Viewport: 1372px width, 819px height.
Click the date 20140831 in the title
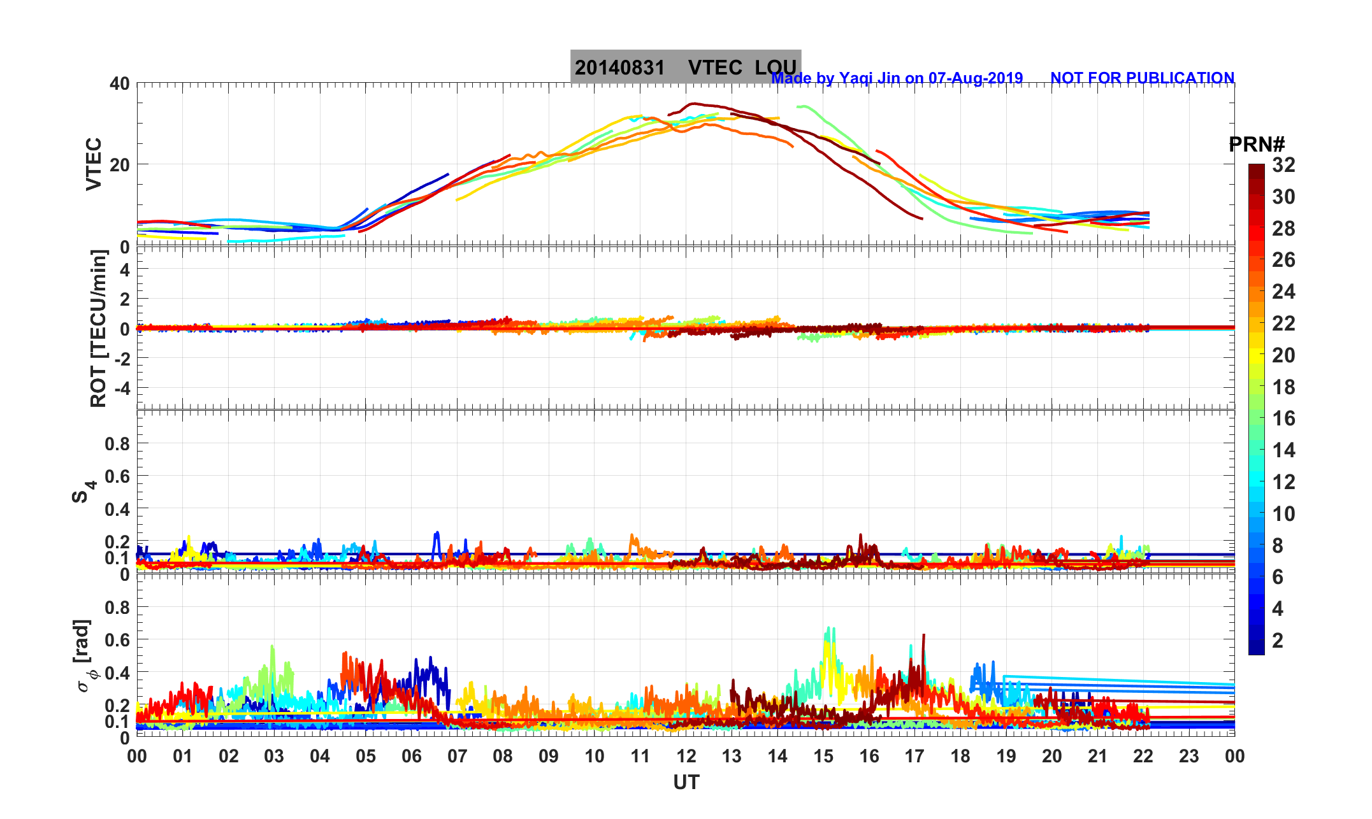pyautogui.click(x=619, y=68)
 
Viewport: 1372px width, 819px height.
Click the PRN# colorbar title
pyautogui.click(x=1257, y=145)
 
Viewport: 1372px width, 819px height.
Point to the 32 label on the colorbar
pyautogui.click(x=1283, y=165)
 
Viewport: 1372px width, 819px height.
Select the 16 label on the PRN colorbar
pyautogui.click(x=1283, y=418)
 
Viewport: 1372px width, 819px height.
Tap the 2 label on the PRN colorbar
pyautogui.click(x=1277, y=641)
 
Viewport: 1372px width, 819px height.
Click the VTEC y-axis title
pyautogui.click(x=94, y=164)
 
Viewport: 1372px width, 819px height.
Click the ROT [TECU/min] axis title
pyautogui.click(x=98, y=329)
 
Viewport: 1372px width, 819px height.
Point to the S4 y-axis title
pyautogui.click(x=83, y=492)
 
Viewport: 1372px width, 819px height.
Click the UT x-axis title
pyautogui.click(x=686, y=782)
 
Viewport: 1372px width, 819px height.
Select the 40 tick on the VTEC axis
pyautogui.click(x=119, y=83)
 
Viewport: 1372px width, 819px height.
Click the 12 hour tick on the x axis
pyautogui.click(x=686, y=757)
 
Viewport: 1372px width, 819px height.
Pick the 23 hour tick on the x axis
pyautogui.click(x=1188, y=757)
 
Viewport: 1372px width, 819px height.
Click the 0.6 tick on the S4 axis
pyautogui.click(x=117, y=476)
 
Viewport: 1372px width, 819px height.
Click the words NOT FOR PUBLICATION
pyautogui.click(x=1142, y=78)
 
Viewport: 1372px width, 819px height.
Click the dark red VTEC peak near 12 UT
pyautogui.click(x=695, y=104)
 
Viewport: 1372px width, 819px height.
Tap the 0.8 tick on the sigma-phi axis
pyautogui.click(x=117, y=607)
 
